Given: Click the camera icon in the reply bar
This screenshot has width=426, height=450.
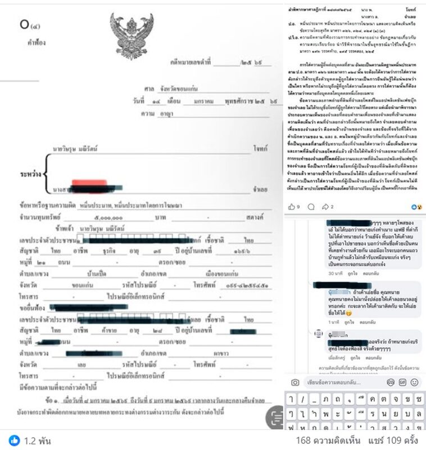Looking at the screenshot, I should tap(295, 382).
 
